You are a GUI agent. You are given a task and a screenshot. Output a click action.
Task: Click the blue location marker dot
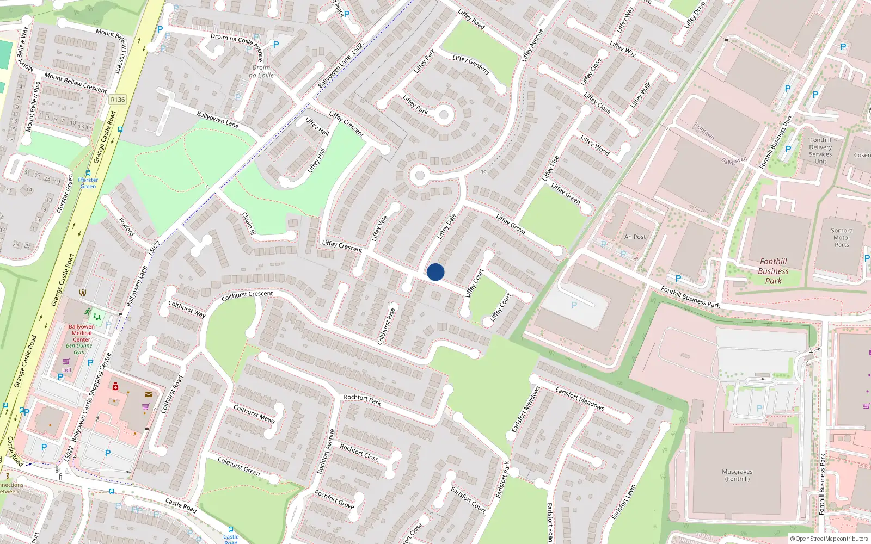pyautogui.click(x=436, y=272)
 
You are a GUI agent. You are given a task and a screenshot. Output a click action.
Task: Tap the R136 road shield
pyautogui.click(x=118, y=100)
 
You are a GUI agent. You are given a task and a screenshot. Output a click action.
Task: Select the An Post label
pyautogui.click(x=635, y=237)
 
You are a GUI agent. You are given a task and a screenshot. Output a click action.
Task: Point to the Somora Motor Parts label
pyautogui.click(x=842, y=238)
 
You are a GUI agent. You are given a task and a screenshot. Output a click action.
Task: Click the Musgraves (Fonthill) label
pyautogui.click(x=737, y=475)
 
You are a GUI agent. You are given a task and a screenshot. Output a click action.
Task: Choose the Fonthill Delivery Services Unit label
pyautogui.click(x=820, y=151)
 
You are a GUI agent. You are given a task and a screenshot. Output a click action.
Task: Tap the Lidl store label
pyautogui.click(x=66, y=370)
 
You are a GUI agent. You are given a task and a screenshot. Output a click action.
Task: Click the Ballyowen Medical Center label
pyautogui.click(x=82, y=333)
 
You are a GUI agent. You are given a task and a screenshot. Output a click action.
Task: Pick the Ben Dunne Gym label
pyautogui.click(x=79, y=349)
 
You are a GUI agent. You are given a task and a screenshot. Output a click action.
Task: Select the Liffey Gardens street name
pyautogui.click(x=471, y=65)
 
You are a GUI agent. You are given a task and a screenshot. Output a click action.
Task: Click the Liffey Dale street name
pyautogui.click(x=447, y=226)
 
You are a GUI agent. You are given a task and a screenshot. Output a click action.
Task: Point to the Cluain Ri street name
pyautogui.click(x=248, y=224)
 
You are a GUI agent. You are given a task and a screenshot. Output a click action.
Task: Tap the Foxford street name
pyautogui.click(x=126, y=226)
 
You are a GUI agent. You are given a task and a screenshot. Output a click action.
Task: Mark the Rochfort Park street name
pyautogui.click(x=362, y=400)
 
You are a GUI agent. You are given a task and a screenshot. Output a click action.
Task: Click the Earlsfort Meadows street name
pyautogui.click(x=579, y=399)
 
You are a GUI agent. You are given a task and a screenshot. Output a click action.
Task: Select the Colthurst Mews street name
pyautogui.click(x=254, y=413)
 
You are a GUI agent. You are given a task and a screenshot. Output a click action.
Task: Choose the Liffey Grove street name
pyautogui.click(x=511, y=224)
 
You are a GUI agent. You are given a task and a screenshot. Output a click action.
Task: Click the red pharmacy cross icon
pyautogui.click(x=115, y=386)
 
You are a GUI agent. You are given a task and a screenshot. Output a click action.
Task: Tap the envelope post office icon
pyautogui.click(x=149, y=394)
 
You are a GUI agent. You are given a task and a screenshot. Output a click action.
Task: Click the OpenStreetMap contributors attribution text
pyautogui.click(x=829, y=539)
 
